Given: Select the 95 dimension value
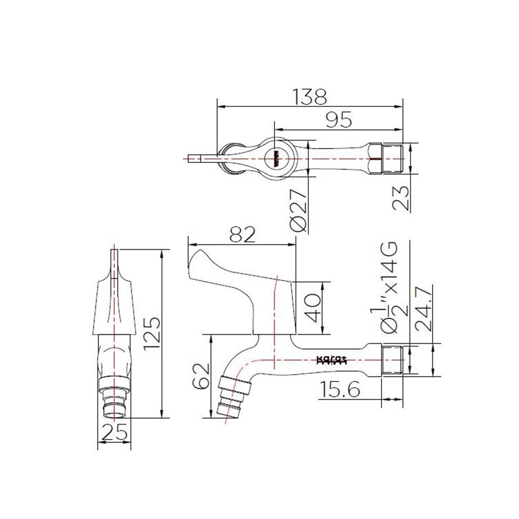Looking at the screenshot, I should [338, 120].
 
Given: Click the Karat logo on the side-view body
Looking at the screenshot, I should [332, 360].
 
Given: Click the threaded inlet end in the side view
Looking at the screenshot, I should [393, 359].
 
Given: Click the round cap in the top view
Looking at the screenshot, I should [275, 158].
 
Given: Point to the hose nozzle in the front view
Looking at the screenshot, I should [114, 400].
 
